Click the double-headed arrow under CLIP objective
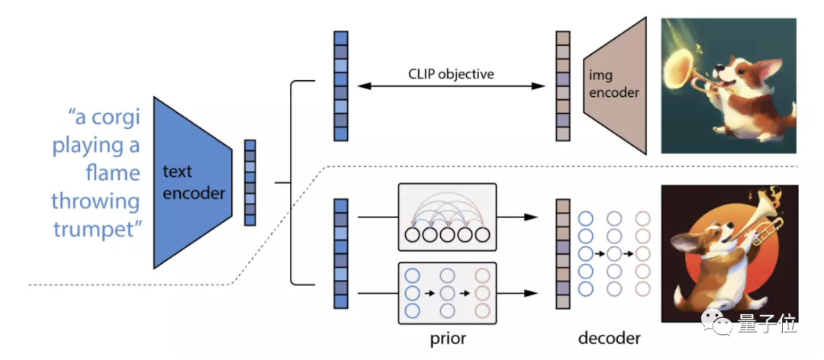(x=452, y=87)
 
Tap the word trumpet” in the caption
(x=98, y=230)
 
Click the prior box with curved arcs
(x=447, y=217)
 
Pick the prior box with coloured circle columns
(x=447, y=293)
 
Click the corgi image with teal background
(x=729, y=85)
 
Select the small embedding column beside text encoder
(x=249, y=182)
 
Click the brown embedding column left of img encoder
(x=563, y=85)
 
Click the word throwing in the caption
(x=95, y=201)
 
